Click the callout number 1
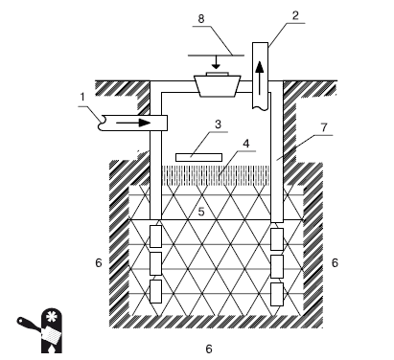click(82, 97)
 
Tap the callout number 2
click(295, 15)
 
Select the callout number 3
click(218, 124)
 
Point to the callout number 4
click(246, 144)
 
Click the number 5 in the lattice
click(201, 212)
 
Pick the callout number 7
click(324, 127)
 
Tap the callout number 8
click(201, 18)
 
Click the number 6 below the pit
click(209, 349)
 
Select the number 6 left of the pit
click(99, 262)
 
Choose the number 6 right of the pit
click(335, 262)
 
